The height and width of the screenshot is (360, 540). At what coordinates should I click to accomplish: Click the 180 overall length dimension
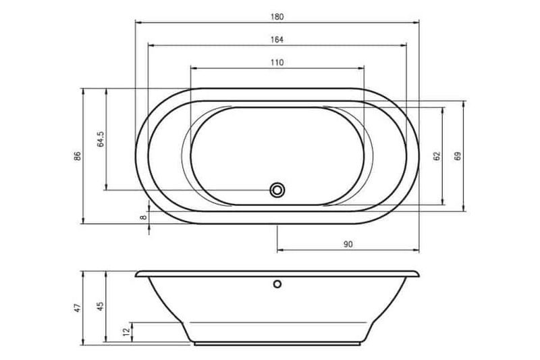[277, 17]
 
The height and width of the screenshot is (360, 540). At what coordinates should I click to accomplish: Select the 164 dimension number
[277, 40]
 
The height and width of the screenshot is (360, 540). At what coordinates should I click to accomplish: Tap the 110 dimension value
[277, 63]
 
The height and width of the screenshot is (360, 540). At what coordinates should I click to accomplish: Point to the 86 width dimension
[78, 156]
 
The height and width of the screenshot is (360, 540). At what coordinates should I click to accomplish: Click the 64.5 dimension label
[101, 139]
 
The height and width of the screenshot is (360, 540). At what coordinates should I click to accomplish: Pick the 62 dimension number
[437, 156]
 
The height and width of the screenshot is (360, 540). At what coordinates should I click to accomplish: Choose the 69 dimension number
[458, 156]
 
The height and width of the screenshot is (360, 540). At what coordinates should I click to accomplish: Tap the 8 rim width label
[143, 217]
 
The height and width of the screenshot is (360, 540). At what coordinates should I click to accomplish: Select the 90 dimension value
[348, 245]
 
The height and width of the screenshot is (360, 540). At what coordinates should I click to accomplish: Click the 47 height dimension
[78, 307]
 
